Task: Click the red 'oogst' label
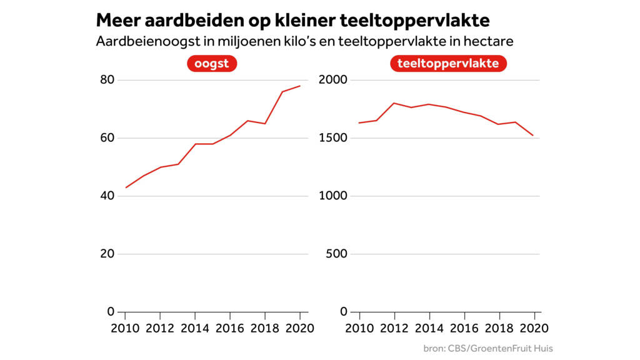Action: pyautogui.click(x=212, y=64)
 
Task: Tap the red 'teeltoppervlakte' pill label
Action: pyautogui.click(x=448, y=64)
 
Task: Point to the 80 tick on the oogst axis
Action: pyautogui.click(x=107, y=79)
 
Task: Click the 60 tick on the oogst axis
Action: pyautogui.click(x=107, y=137)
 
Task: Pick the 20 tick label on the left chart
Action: pyautogui.click(x=107, y=254)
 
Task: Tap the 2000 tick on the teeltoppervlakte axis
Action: pyautogui.click(x=332, y=79)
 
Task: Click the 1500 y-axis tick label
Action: pyautogui.click(x=332, y=137)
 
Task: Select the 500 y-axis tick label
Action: pyautogui.click(x=336, y=254)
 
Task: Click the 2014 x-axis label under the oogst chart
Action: pyautogui.click(x=195, y=328)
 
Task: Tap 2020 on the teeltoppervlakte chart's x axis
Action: pyautogui.click(x=534, y=328)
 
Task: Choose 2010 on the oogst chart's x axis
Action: pyautogui.click(x=125, y=328)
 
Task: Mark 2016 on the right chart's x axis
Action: pyautogui.click(x=464, y=328)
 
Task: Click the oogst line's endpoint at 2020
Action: pyautogui.click(x=300, y=86)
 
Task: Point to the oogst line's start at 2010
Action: pyautogui.click(x=126, y=187)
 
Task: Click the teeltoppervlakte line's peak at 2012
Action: pyautogui.click(x=394, y=103)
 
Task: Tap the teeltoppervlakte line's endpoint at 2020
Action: pyautogui.click(x=533, y=136)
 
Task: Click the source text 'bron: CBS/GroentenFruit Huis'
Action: pyautogui.click(x=488, y=349)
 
